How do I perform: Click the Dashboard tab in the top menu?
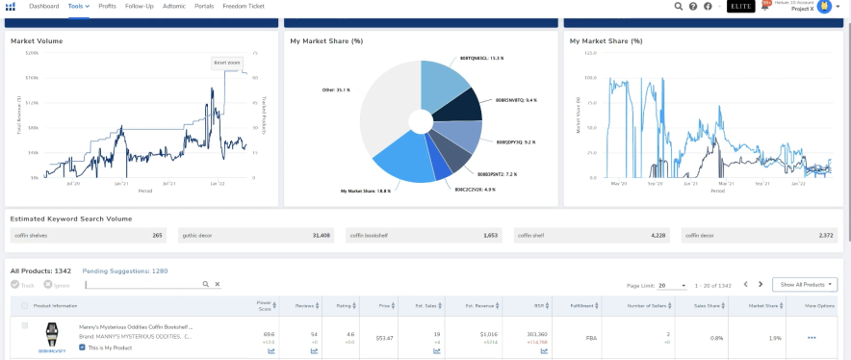(43, 6)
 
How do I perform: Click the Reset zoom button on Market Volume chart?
(226, 62)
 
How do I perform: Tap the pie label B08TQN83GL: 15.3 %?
(483, 58)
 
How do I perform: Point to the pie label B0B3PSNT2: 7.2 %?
(498, 174)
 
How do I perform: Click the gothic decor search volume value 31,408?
(321, 235)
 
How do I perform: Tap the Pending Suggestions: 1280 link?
(125, 271)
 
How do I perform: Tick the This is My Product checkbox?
(82, 347)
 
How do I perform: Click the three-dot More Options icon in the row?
(812, 338)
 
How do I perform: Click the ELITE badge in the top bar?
(740, 7)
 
